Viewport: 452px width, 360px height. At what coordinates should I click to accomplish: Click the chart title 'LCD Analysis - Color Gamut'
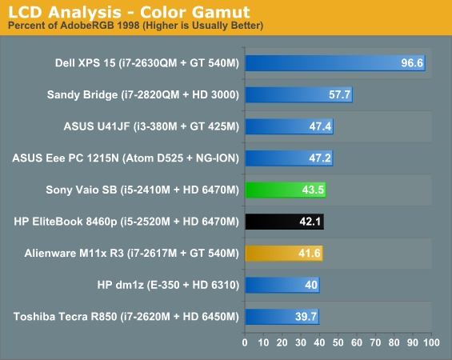[129, 12]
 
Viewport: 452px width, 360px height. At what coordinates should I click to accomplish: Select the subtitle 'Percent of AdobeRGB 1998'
[74, 26]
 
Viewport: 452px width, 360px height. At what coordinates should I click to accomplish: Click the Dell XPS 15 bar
[335, 63]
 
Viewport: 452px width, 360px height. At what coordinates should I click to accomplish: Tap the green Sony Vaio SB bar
[286, 190]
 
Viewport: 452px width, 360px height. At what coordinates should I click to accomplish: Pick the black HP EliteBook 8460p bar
[285, 222]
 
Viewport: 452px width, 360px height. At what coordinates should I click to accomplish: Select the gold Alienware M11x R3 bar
[284, 254]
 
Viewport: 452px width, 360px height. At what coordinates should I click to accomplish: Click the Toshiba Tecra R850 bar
[282, 317]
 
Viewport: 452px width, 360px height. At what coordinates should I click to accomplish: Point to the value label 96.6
[412, 63]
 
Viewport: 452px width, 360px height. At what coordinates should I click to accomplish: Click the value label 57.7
[339, 94]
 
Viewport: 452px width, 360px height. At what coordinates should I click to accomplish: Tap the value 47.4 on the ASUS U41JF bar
[320, 126]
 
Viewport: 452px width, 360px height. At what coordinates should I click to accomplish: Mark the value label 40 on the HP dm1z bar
[311, 285]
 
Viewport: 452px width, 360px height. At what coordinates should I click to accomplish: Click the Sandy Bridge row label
[143, 95]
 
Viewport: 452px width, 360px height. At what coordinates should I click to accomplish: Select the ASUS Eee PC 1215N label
[126, 158]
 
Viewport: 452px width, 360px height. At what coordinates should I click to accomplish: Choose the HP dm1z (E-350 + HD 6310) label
[168, 285]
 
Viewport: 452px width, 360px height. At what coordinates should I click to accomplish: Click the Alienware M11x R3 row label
[132, 254]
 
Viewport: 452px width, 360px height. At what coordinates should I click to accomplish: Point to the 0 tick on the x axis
[245, 342]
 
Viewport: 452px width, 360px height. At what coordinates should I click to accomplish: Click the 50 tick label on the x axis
[338, 342]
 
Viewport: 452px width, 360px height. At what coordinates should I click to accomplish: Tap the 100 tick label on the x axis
[431, 342]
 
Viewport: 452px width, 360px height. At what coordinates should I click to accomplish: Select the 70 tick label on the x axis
[375, 342]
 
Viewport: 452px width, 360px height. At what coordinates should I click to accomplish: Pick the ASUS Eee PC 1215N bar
[289, 158]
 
